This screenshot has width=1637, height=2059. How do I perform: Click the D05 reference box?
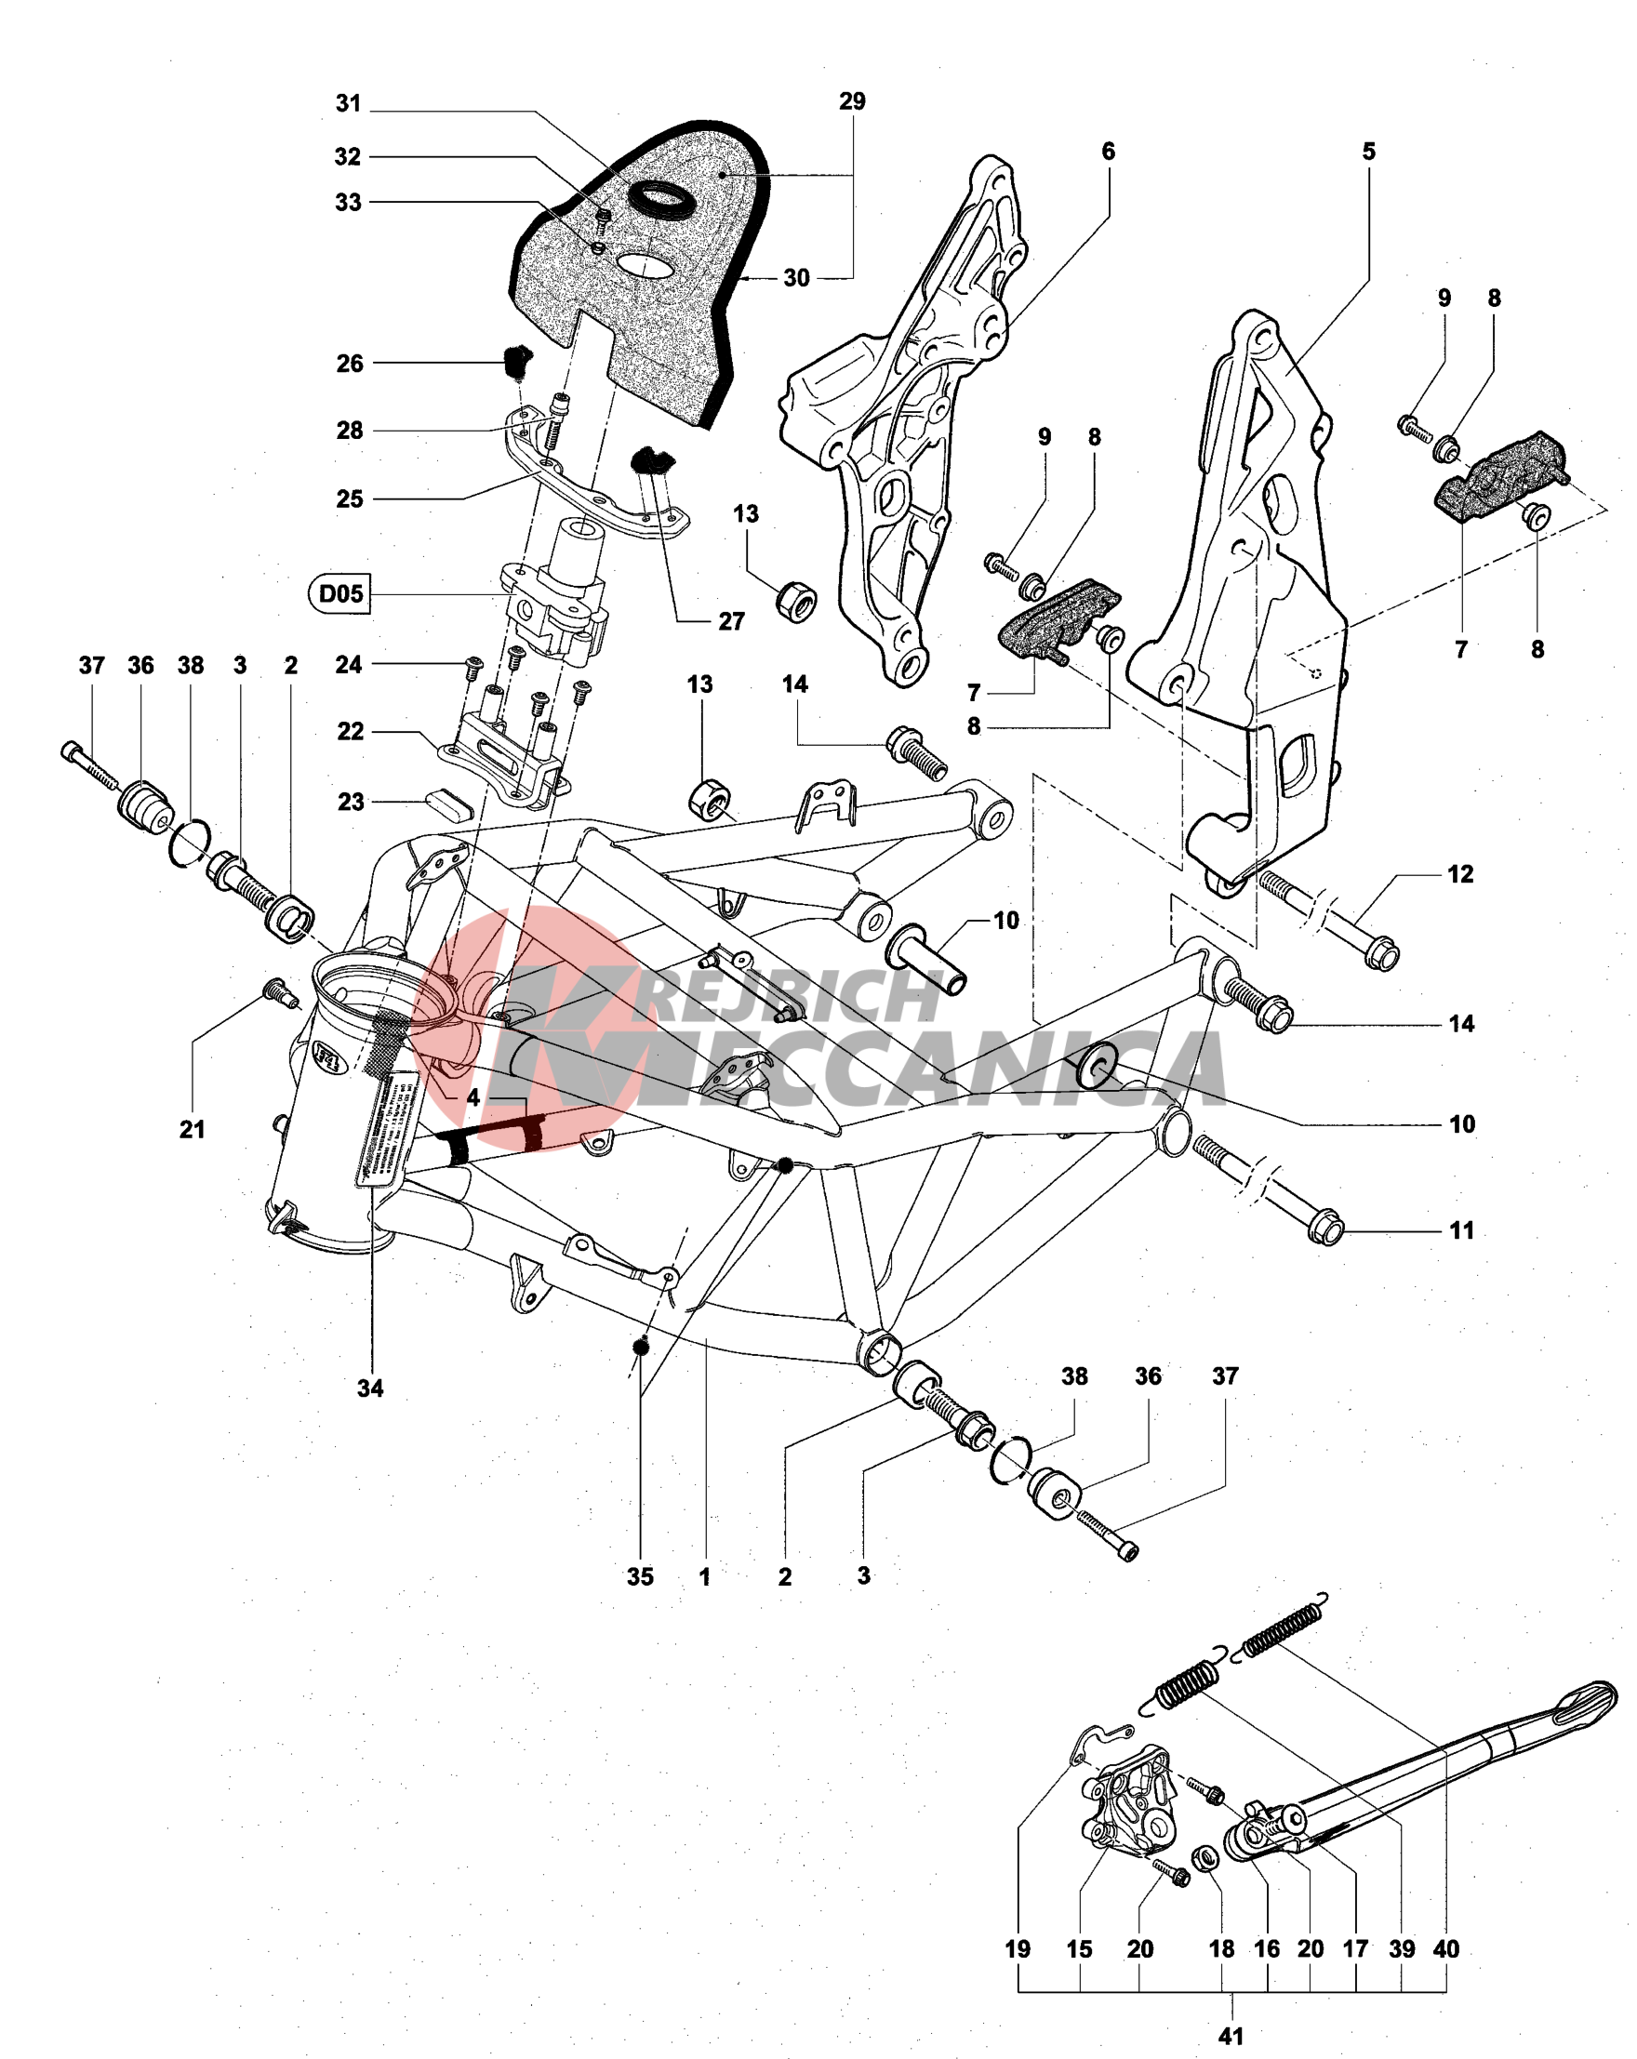(x=340, y=594)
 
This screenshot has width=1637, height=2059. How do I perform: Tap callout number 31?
(x=348, y=103)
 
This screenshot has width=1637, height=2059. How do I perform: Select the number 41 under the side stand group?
(x=1231, y=2036)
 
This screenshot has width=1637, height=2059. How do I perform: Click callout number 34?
(x=370, y=1388)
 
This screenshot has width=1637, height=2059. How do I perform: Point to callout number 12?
(x=1459, y=874)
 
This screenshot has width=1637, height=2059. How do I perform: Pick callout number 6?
(x=1108, y=151)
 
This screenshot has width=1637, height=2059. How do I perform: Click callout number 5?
(x=1368, y=151)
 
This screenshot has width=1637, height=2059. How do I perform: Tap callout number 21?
(x=192, y=1129)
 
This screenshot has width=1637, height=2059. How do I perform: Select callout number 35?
(x=640, y=1576)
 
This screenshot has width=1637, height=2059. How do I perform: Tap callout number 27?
(x=732, y=622)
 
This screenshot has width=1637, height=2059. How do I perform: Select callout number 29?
(x=852, y=101)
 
